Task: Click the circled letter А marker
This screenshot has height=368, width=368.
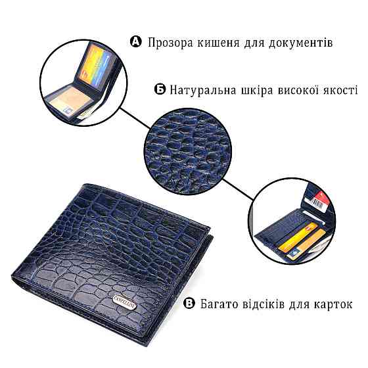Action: [136, 43]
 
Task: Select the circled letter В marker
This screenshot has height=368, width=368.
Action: [189, 304]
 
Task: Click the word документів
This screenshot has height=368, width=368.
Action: [298, 43]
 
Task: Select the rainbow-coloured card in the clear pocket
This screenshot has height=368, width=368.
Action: [98, 68]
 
